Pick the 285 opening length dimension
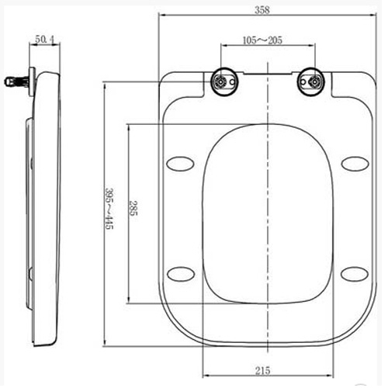pos(133,210)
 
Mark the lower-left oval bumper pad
pos(181,273)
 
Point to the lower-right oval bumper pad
pos(355,273)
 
